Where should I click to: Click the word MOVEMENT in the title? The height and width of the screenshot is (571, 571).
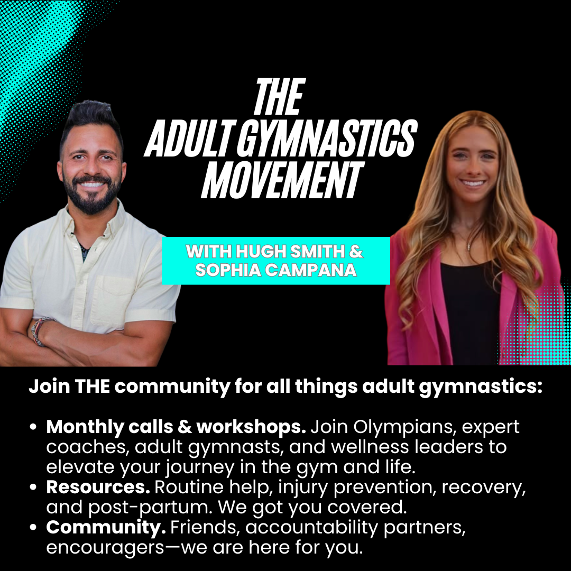pyautogui.click(x=282, y=181)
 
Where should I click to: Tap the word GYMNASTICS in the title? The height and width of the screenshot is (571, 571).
pyautogui.click(x=327, y=138)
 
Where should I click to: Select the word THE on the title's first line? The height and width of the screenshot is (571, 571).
pyautogui.click(x=279, y=97)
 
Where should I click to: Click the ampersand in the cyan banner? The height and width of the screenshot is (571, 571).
pyautogui.click(x=356, y=251)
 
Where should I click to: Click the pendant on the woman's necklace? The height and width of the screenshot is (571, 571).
pyautogui.click(x=469, y=246)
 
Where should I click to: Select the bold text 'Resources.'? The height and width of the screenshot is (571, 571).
pyautogui.click(x=98, y=487)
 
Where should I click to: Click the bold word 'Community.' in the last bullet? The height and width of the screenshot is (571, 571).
pyautogui.click(x=106, y=528)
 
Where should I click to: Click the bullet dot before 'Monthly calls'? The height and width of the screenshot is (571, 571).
pyautogui.click(x=33, y=427)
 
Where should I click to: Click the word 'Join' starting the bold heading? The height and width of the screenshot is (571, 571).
pyautogui.click(x=49, y=386)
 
